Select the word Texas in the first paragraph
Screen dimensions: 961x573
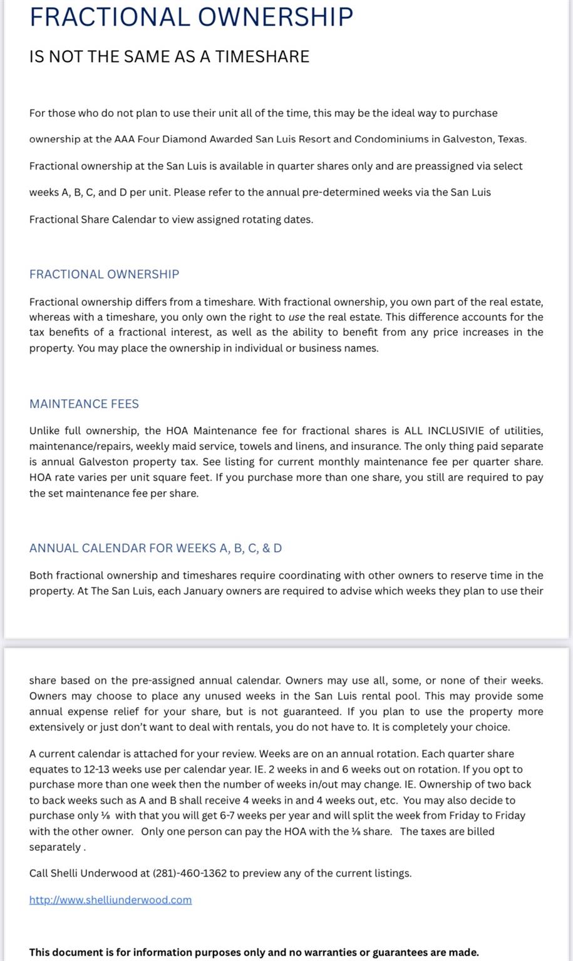click(x=511, y=139)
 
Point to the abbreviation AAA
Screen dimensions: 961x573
click(x=124, y=139)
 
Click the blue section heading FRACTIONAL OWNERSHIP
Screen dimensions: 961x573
click(x=104, y=274)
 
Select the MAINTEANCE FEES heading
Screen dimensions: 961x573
click(x=84, y=404)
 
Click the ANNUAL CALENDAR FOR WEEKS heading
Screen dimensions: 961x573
click(x=155, y=548)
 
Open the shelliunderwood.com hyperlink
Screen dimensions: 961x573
click(x=110, y=900)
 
